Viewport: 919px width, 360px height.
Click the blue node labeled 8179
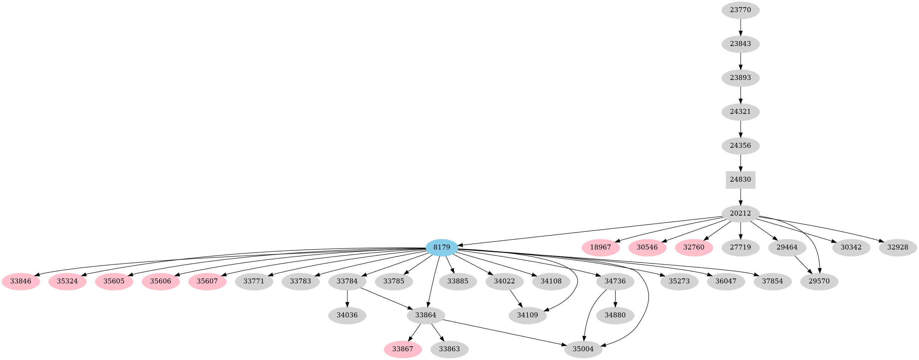(442, 247)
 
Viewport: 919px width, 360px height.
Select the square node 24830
(740, 179)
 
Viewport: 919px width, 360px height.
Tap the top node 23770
(740, 10)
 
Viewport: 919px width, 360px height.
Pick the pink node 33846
(21, 281)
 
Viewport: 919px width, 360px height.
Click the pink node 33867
(403, 349)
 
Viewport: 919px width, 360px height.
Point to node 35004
(583, 349)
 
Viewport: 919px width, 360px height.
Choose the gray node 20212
(740, 213)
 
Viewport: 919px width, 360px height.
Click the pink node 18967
(601, 247)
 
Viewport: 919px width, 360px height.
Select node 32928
(897, 247)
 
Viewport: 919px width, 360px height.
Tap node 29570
(819, 281)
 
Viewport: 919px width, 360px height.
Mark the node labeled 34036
(347, 315)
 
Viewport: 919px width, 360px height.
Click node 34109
(528, 315)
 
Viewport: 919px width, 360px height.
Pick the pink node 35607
(207, 281)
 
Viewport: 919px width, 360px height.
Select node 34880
(615, 315)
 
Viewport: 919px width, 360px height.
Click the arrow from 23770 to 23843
(741, 27)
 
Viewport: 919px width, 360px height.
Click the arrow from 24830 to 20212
(741, 196)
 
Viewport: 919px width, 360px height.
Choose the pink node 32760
(694, 247)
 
